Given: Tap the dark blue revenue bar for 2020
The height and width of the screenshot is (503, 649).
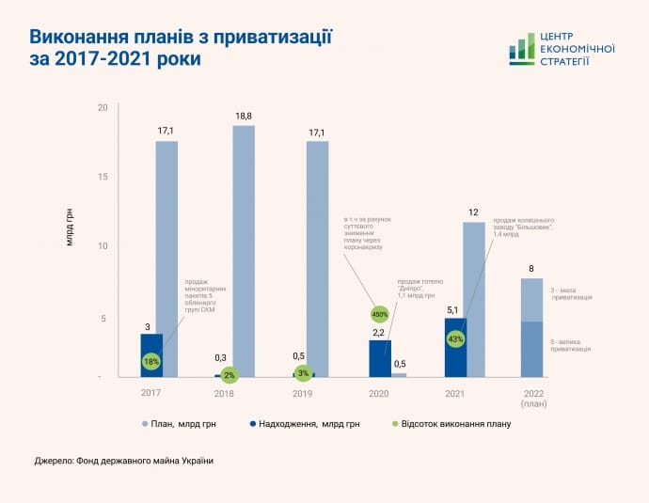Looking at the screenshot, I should point(380,357).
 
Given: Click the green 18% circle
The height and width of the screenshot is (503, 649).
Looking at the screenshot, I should point(151,361).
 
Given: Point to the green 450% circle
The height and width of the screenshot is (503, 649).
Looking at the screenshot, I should point(380,314).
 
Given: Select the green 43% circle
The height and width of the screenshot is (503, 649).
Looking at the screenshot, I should point(456,338).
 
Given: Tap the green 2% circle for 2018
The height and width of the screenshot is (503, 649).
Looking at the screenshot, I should point(229,374).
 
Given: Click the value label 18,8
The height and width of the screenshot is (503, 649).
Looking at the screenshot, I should point(244,116).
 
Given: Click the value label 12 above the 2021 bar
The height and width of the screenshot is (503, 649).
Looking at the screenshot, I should point(474,212).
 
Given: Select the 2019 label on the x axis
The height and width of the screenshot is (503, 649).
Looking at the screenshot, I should point(303,393).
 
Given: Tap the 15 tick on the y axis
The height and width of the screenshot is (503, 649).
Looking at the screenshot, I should point(103,177).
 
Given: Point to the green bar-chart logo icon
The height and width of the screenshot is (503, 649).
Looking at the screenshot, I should point(521,49).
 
